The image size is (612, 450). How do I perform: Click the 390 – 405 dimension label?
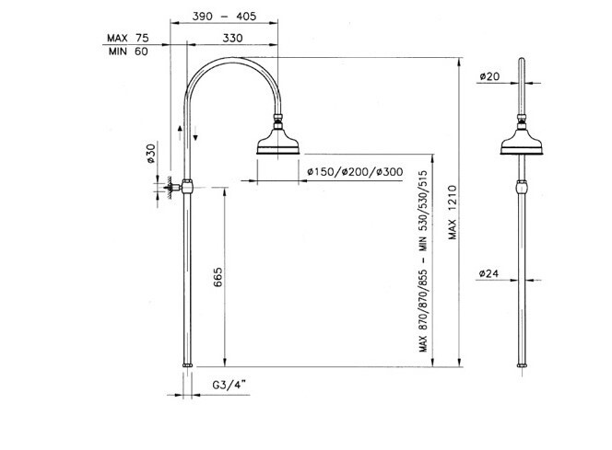coord(224,17)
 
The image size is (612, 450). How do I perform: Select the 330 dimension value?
coord(232,38)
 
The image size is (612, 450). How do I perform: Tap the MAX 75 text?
coord(128,38)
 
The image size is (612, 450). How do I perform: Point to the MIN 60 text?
coord(128,51)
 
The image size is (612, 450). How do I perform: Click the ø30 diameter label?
coord(150,154)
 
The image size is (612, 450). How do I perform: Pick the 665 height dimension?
coord(218,277)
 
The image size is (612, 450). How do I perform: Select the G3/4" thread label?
coord(229,385)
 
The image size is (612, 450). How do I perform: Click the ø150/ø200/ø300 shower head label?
coord(355,172)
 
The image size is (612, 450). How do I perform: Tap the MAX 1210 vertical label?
coord(452,213)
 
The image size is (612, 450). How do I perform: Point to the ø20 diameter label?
coord(489,76)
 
